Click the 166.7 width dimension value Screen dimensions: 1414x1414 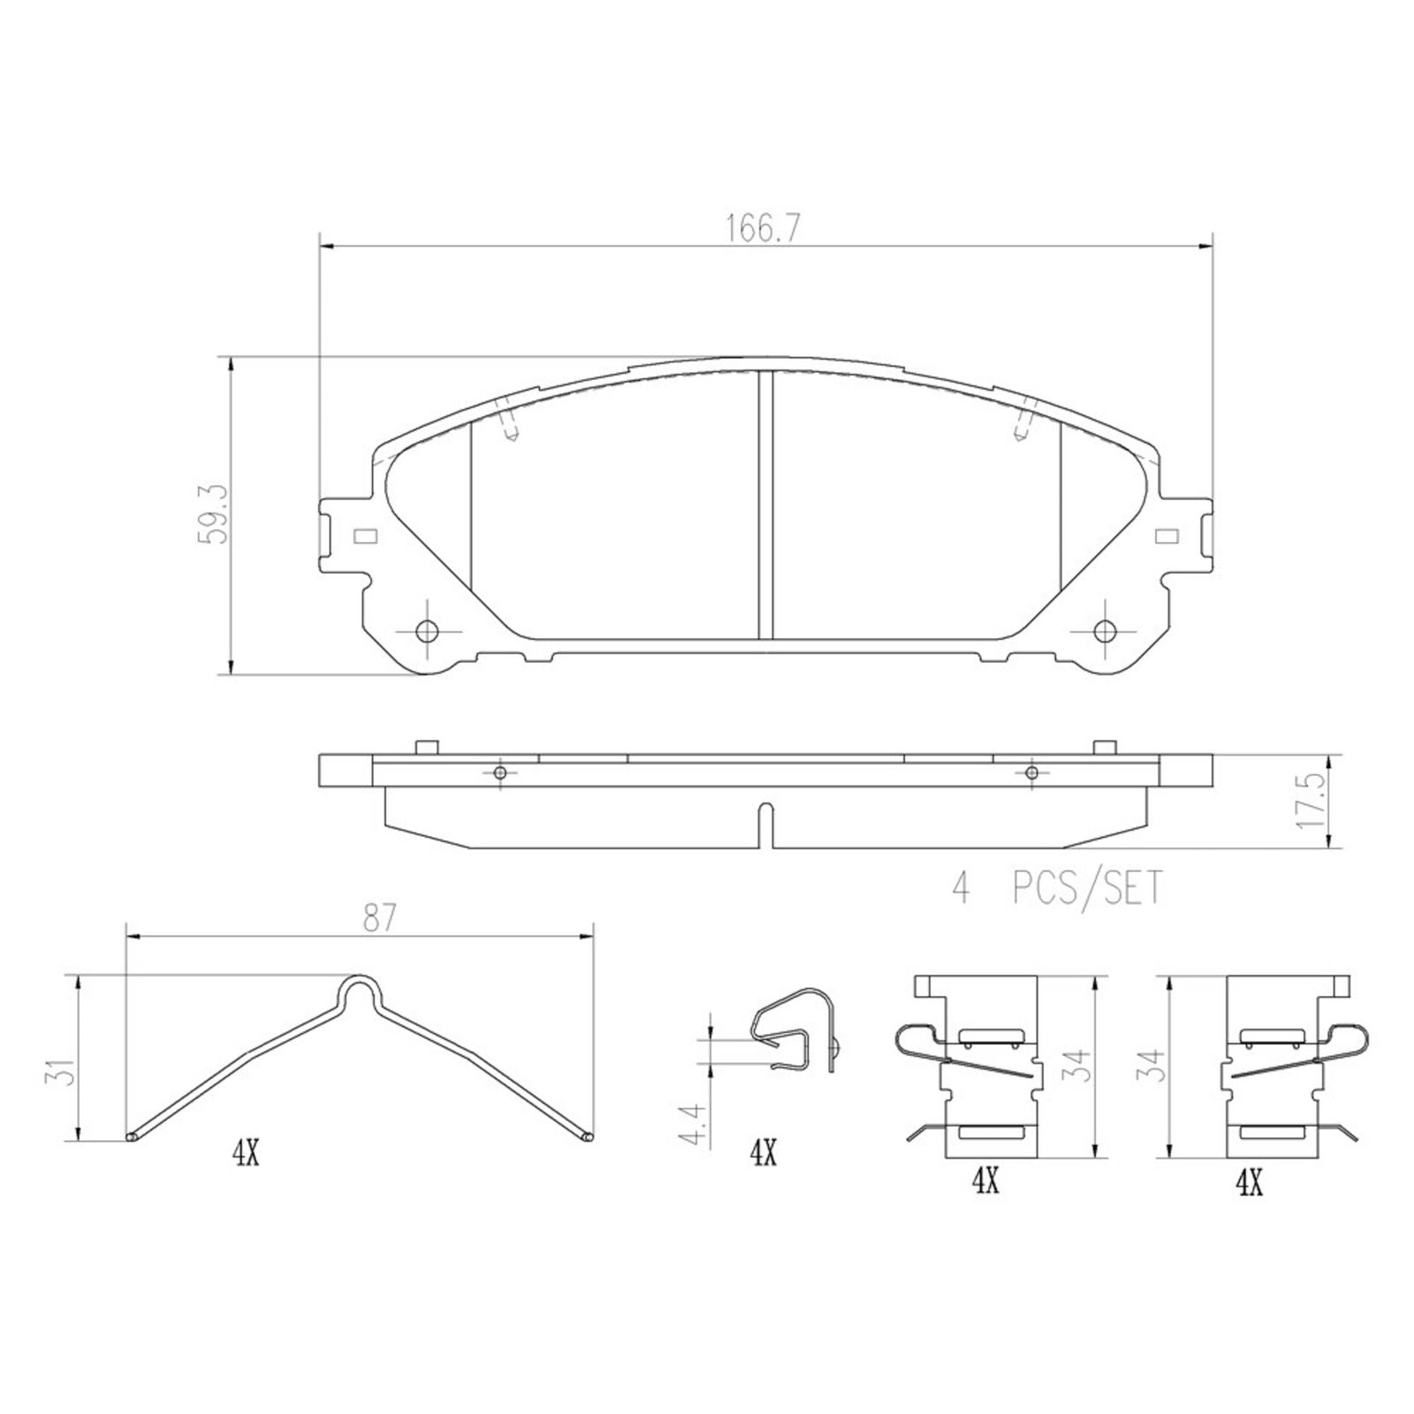point(763,229)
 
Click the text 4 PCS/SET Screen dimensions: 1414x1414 point(1057,888)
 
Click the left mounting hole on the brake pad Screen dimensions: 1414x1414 point(427,631)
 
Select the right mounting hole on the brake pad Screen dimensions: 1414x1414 point(1105,631)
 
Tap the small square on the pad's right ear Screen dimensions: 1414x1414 point(1167,536)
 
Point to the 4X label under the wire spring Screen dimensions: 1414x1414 point(246,1153)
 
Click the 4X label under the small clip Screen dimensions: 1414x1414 point(763,1153)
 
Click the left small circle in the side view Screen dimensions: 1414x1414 point(500,773)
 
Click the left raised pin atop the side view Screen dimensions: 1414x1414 point(427,747)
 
